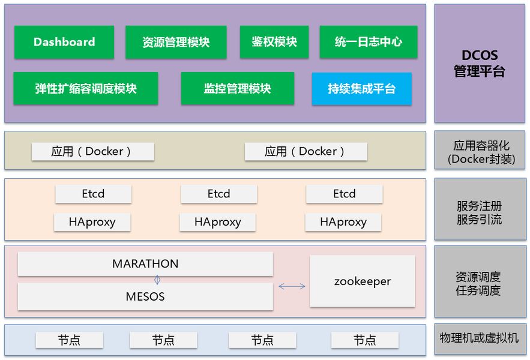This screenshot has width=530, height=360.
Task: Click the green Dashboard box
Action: [64, 42]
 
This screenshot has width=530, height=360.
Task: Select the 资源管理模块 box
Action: [176, 42]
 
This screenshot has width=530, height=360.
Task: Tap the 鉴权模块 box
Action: [274, 42]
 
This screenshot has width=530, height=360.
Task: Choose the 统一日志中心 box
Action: [368, 42]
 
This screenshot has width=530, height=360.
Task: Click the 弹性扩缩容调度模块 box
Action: [86, 89]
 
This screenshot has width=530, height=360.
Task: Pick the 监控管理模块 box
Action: [237, 89]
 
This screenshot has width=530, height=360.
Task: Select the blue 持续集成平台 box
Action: [361, 89]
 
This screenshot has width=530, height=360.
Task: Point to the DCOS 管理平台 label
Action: [480, 64]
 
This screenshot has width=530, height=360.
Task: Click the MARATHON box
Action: [145, 264]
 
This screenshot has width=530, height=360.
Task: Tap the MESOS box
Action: [145, 296]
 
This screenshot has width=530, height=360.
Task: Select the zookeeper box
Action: [362, 281]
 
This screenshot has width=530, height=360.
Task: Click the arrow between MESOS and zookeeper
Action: [292, 287]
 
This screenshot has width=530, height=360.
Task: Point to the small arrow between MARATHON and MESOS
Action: [157, 280]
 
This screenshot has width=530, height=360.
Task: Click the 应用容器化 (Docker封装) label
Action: [481, 152]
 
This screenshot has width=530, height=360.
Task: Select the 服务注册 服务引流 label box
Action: [480, 212]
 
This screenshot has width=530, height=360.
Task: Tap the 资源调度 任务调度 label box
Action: [480, 283]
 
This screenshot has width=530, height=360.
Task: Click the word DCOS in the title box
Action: [480, 55]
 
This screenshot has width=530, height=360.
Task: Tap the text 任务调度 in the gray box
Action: [478, 290]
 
